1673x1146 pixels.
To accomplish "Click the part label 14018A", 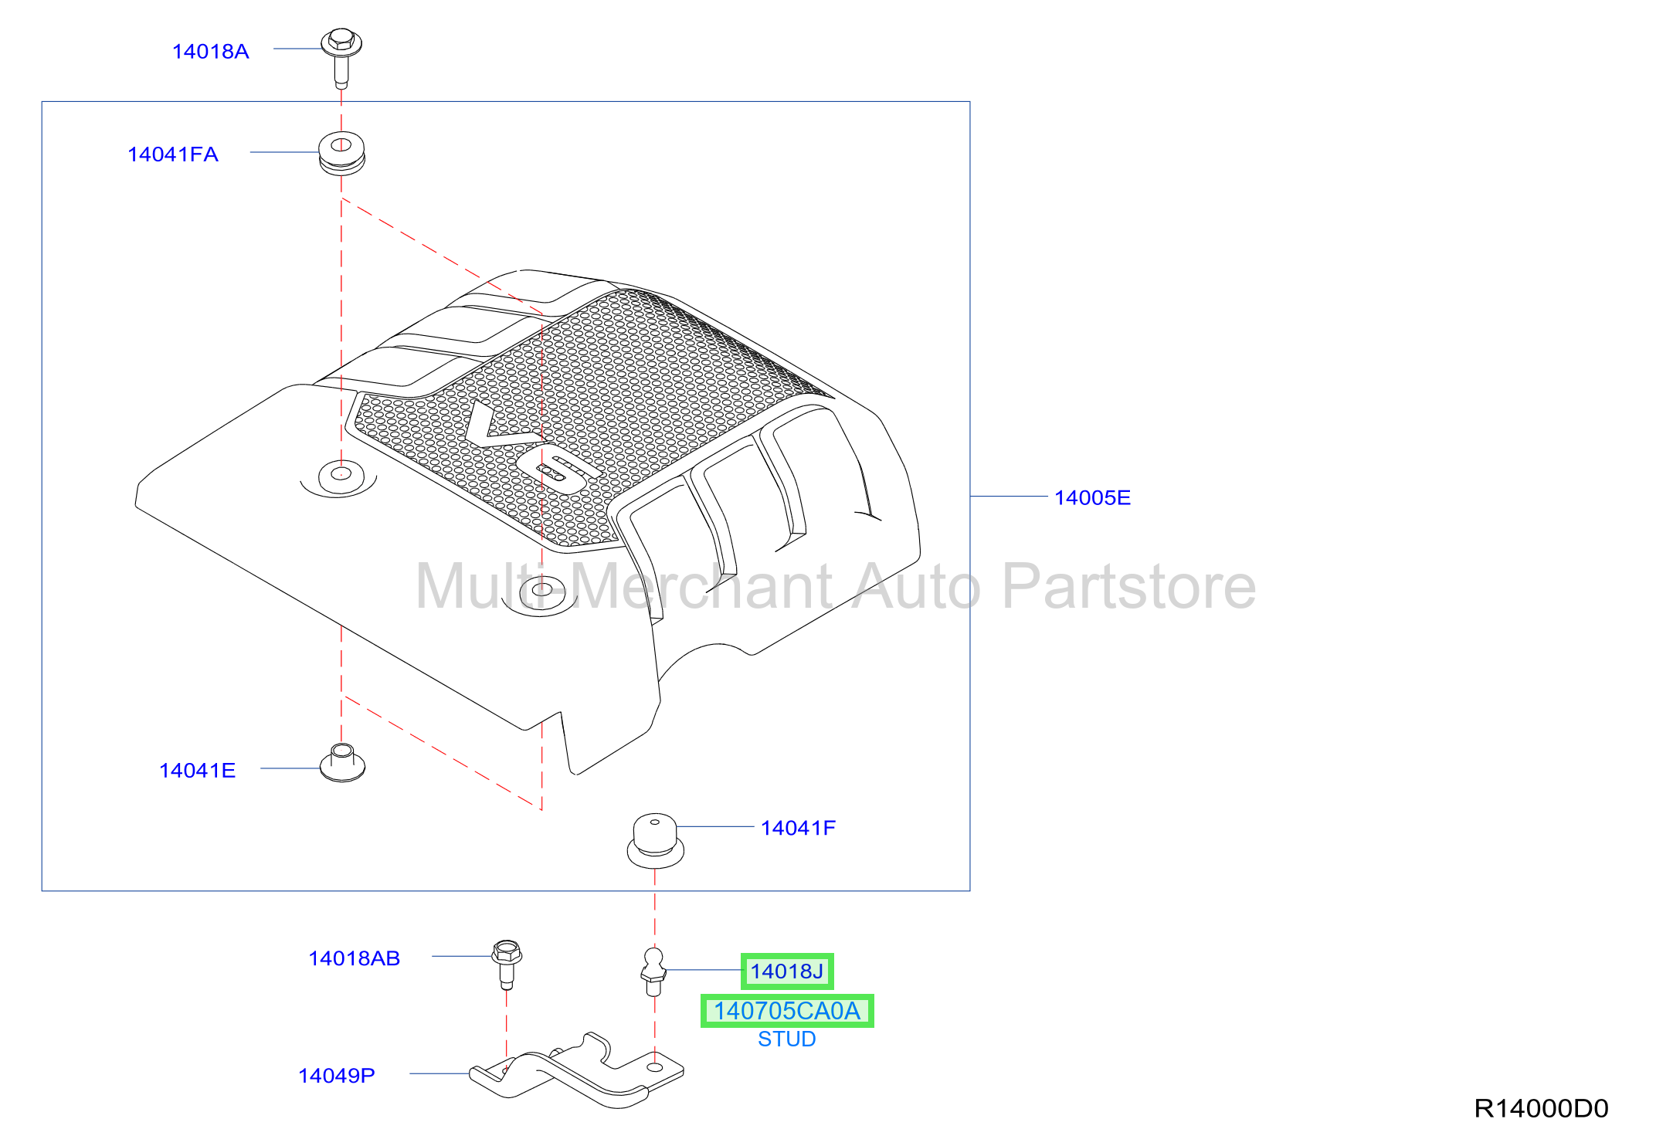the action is coord(211,52).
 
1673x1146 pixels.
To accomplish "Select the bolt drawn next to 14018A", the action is coord(341,58).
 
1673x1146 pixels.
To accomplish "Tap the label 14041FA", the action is coord(173,154).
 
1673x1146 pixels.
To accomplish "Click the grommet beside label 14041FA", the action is coord(341,153).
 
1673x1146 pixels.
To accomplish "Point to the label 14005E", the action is coord(1092,497).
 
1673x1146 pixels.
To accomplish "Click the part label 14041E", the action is coord(197,770).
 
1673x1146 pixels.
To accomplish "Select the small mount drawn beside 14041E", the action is coord(342,763).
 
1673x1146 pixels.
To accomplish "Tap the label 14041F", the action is coord(798,828).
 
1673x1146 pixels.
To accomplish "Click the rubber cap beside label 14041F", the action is coord(655,840).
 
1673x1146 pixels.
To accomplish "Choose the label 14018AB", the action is coord(355,958).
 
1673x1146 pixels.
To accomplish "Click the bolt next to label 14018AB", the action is coord(507,964).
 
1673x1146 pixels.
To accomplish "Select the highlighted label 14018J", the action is coord(787,971).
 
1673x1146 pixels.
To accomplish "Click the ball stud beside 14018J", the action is coord(653,972).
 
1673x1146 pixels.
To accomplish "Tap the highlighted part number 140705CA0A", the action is coord(787,1011).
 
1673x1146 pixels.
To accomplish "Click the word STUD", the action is coord(787,1039).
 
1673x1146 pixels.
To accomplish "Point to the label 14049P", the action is coord(337,1076).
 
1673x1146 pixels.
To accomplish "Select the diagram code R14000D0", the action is coord(1541,1108).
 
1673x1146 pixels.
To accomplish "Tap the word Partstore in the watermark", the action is coord(1128,587).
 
